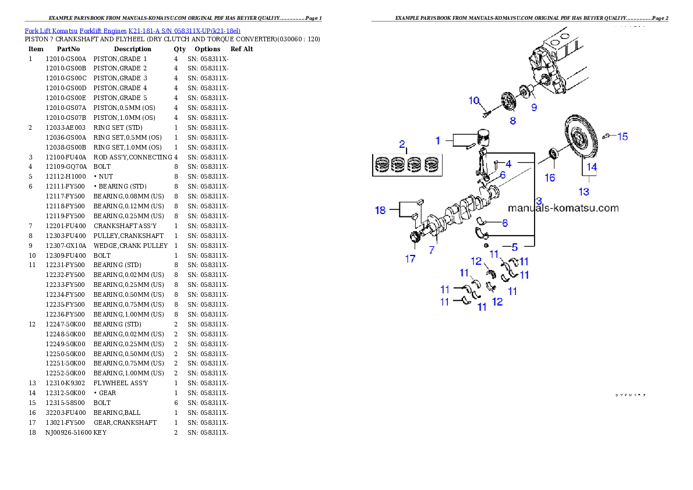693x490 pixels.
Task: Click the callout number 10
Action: click(x=474, y=100)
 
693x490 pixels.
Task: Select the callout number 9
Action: click(x=533, y=107)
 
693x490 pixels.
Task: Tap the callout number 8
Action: click(x=512, y=121)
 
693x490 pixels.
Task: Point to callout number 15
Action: click(x=623, y=136)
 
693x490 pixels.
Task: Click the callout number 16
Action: click(x=550, y=177)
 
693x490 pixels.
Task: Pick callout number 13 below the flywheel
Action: click(x=584, y=191)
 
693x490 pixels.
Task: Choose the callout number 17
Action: click(x=411, y=259)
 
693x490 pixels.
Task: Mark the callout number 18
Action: click(x=380, y=210)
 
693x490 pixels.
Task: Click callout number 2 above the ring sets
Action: click(x=402, y=144)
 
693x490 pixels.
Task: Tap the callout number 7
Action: click(x=432, y=250)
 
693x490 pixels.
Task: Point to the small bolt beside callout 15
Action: click(x=606, y=136)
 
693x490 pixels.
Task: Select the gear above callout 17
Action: click(x=415, y=237)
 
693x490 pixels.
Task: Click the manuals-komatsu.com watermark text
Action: click(x=563, y=208)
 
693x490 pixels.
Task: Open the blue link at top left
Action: click(x=132, y=30)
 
